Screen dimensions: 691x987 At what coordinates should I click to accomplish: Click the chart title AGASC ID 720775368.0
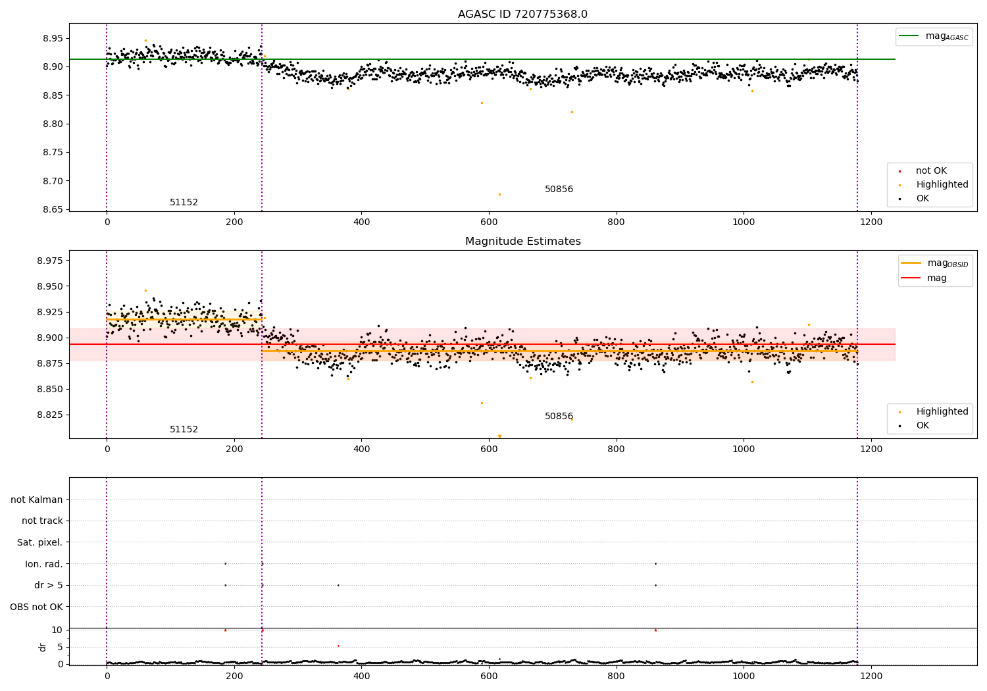coord(522,14)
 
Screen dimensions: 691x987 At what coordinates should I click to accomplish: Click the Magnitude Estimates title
coord(522,242)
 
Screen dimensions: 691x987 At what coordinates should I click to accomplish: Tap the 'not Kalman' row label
coord(37,499)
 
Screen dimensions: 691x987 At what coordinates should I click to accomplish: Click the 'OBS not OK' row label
coord(36,607)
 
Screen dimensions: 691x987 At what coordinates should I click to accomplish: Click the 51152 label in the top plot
coord(184,203)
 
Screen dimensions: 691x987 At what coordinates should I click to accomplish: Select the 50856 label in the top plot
coord(559,190)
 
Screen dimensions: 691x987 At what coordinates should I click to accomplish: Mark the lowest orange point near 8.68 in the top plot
coord(499,194)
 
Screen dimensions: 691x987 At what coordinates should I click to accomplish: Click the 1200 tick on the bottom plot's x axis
coord(871,676)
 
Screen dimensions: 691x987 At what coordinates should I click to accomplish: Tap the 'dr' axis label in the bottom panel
coord(43,647)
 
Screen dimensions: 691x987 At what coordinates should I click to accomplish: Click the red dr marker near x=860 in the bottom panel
coord(655,630)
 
